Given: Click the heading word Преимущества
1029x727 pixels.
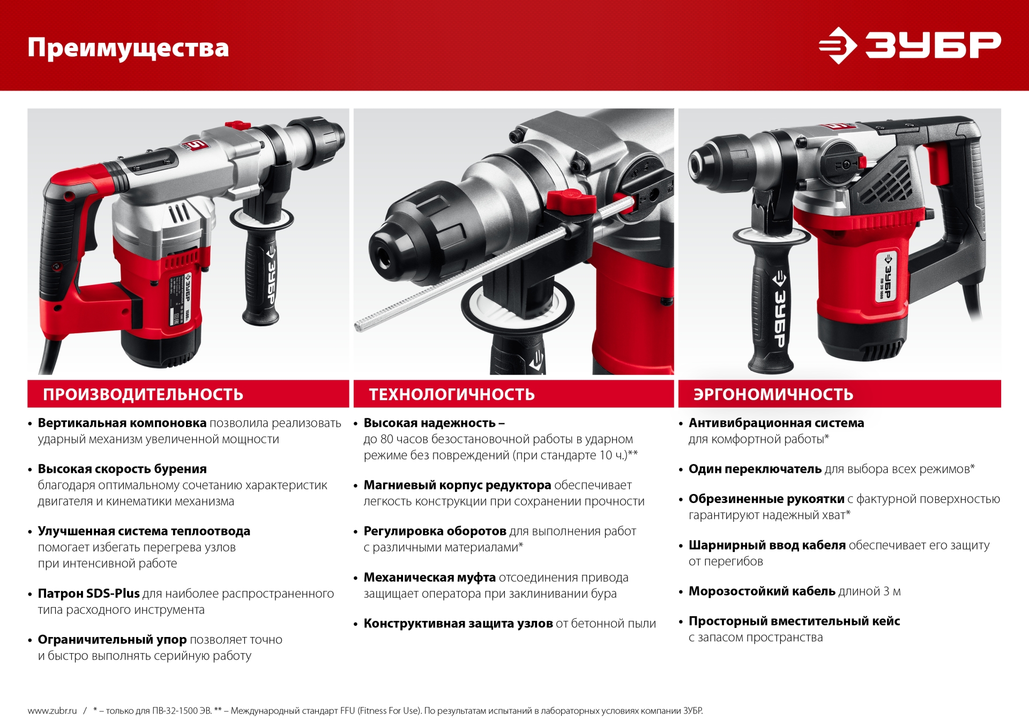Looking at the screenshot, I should pos(128,48).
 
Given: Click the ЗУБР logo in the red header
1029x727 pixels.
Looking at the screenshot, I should pos(909,46).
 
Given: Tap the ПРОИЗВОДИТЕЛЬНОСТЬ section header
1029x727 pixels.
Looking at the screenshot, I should pos(143,394).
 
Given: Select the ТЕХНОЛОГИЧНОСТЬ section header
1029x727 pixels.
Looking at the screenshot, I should pos(452,394).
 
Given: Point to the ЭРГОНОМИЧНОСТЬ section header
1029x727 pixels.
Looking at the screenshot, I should pos(773,394).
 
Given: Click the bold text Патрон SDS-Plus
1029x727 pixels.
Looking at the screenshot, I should pos(88,594).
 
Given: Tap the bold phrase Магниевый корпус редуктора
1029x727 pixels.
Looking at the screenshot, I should pos(457,485).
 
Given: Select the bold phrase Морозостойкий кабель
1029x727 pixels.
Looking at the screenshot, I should pos(762,591).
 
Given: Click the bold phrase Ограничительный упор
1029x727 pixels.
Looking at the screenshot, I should pos(112,640).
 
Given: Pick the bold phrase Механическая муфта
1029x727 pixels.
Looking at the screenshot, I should pos(429,578).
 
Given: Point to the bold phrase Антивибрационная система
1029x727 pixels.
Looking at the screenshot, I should pos(776,423).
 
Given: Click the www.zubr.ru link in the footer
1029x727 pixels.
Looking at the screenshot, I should pos(52,711).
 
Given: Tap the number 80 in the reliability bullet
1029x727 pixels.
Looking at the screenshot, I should pos(386,439).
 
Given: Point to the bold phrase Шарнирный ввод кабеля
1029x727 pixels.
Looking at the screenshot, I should pos(767,545).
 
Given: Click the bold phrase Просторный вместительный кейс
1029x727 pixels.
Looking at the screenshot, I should pos(794,621).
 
